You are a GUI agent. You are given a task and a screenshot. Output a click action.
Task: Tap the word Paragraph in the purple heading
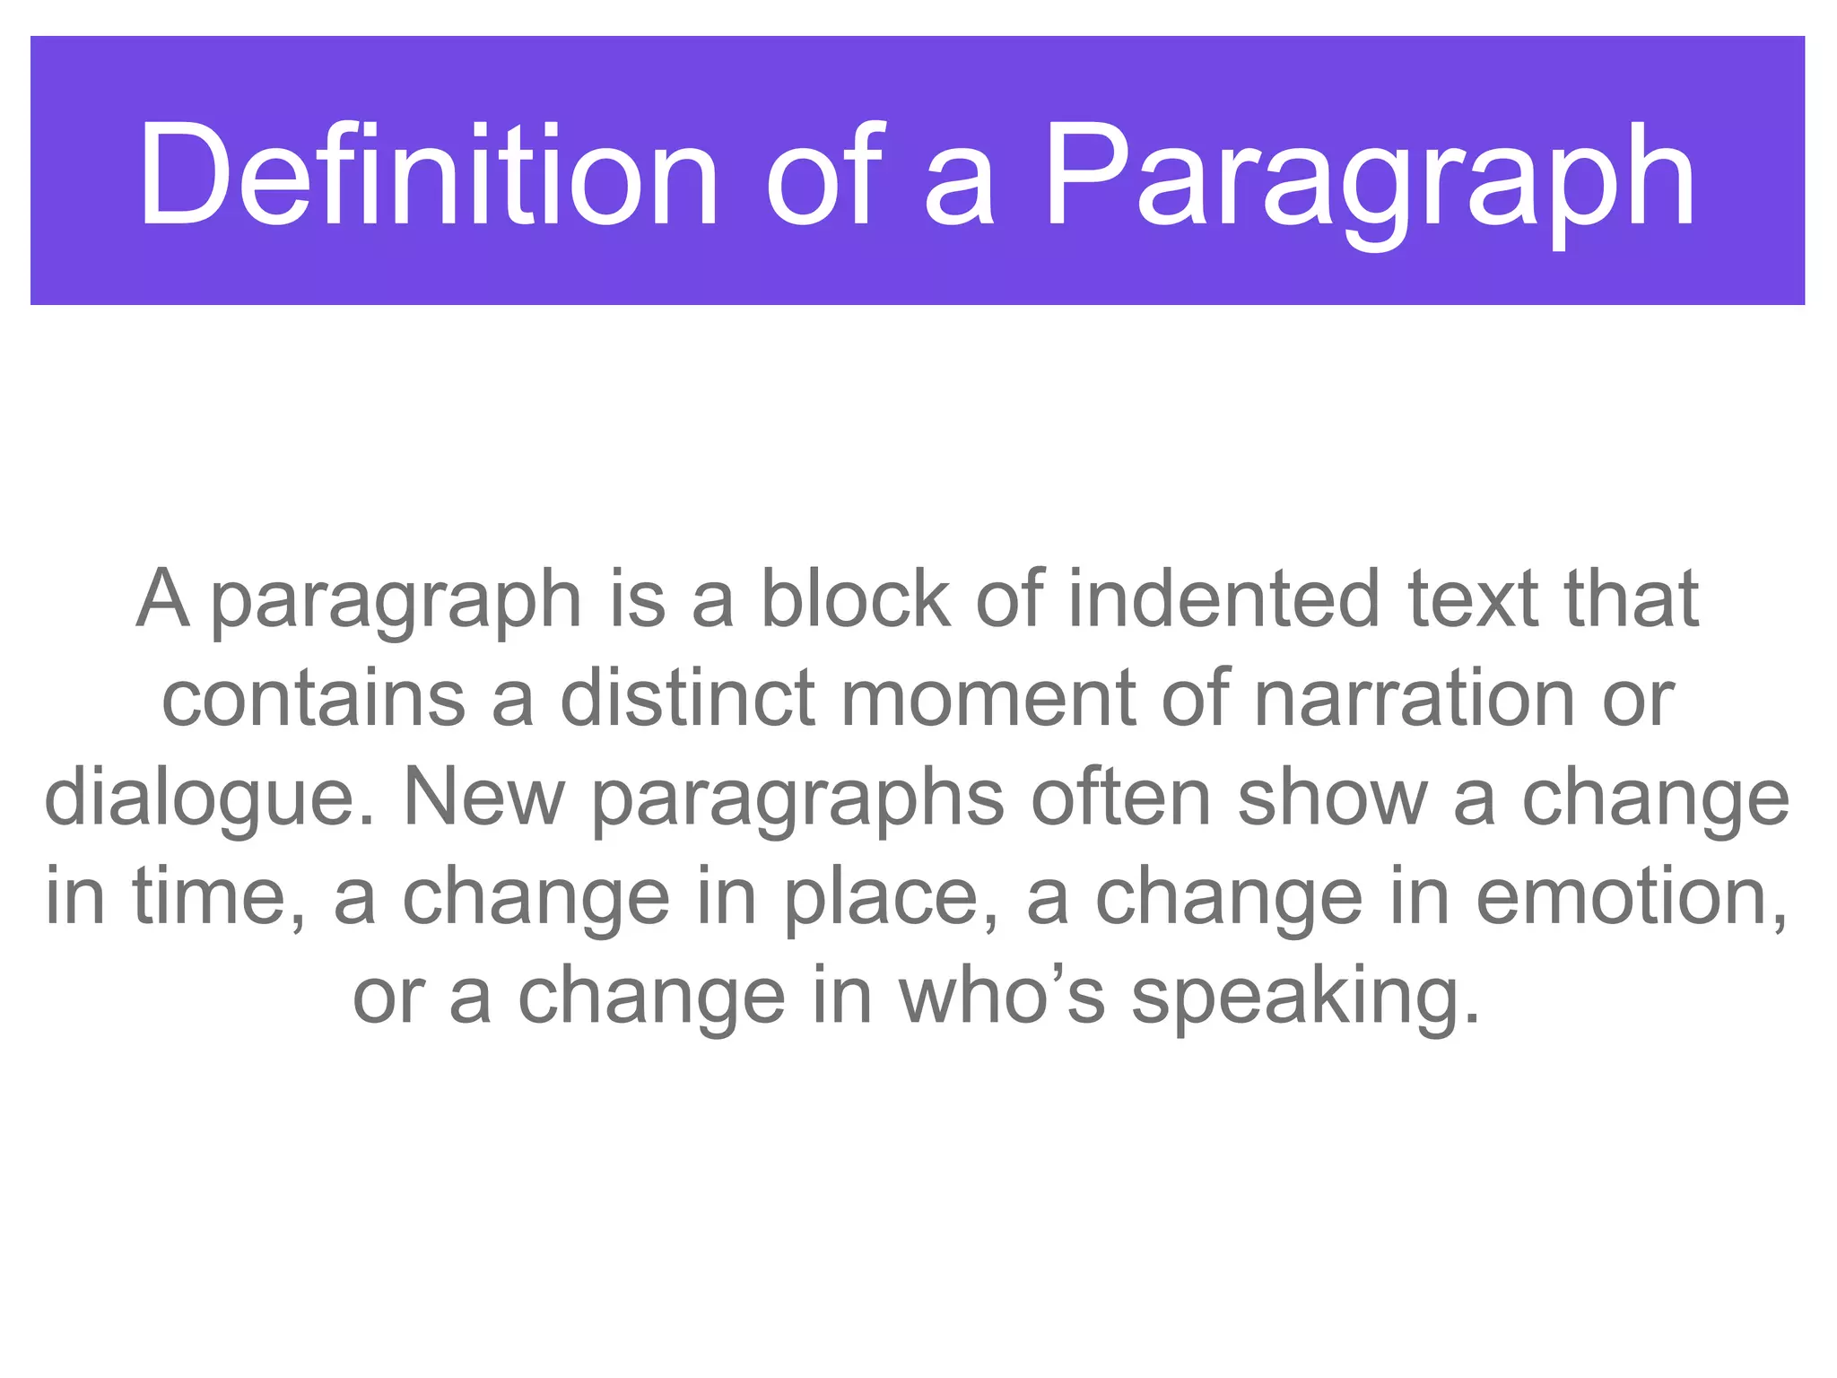[1369, 179]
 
